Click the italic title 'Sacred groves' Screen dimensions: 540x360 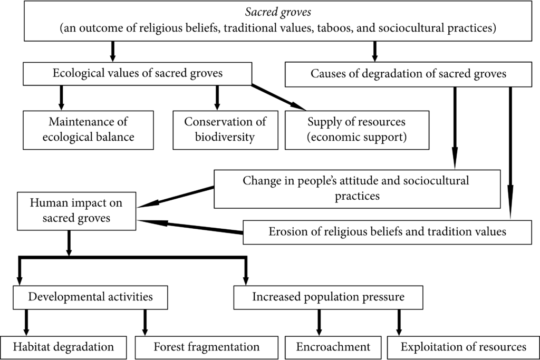(278, 12)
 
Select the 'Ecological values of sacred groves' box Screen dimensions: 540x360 (138, 74)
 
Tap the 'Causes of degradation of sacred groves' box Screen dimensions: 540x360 (408, 74)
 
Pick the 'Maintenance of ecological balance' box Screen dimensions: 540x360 (88, 130)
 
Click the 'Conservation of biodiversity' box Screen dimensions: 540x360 (225, 130)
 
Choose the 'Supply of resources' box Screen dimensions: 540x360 (357, 130)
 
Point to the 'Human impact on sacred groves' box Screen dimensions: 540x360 (76, 211)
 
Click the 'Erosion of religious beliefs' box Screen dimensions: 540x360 (387, 232)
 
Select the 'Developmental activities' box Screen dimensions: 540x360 (90, 297)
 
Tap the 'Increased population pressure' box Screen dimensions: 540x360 (328, 297)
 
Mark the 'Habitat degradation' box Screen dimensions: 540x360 (63, 347)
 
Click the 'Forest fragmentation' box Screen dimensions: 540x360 (206, 347)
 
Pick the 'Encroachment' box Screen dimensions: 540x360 (333, 347)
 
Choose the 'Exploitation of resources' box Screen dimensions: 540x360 (463, 347)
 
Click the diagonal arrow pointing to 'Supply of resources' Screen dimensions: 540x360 (278, 98)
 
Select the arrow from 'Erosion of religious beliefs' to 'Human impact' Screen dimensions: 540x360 (190, 227)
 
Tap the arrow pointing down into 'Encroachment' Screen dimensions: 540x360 (319, 323)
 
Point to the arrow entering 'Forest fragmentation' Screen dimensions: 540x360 (145, 323)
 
